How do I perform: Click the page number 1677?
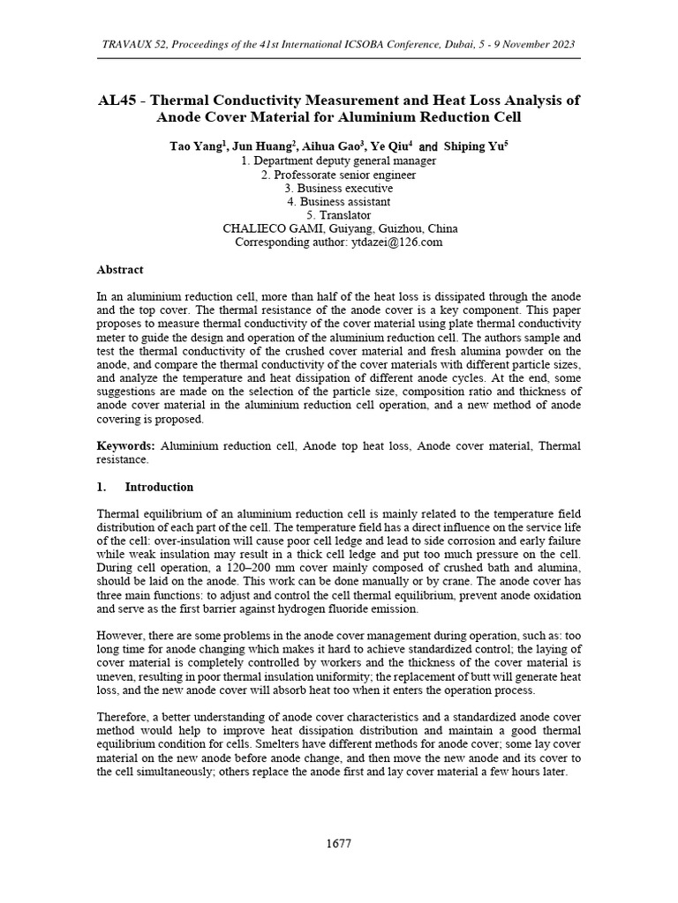coord(339,843)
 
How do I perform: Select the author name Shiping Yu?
coord(475,147)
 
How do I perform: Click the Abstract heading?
coord(119,270)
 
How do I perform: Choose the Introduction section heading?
coord(159,487)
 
